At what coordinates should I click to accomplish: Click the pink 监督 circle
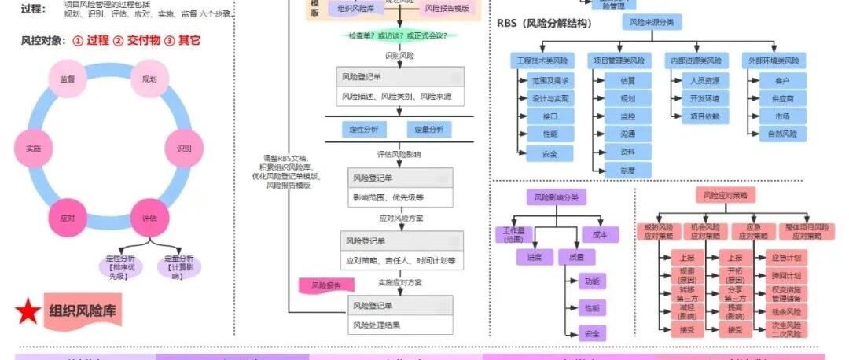pyautogui.click(x=68, y=79)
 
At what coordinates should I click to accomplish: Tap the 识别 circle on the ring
pyautogui.click(x=184, y=148)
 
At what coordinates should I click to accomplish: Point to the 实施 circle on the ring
pyautogui.click(x=33, y=148)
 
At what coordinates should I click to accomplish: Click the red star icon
pyautogui.click(x=28, y=311)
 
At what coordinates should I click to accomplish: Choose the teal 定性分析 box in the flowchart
pyautogui.click(x=362, y=129)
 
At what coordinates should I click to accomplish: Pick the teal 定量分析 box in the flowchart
pyautogui.click(x=429, y=129)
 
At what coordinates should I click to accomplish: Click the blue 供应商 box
pyautogui.click(x=782, y=98)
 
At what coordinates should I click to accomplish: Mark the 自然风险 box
pyautogui.click(x=782, y=134)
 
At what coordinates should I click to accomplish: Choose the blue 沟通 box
pyautogui.click(x=627, y=134)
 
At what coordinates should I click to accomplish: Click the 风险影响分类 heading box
pyautogui.click(x=556, y=197)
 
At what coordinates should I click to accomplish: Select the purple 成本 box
pyautogui.click(x=601, y=234)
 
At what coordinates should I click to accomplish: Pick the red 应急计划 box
pyautogui.click(x=787, y=258)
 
